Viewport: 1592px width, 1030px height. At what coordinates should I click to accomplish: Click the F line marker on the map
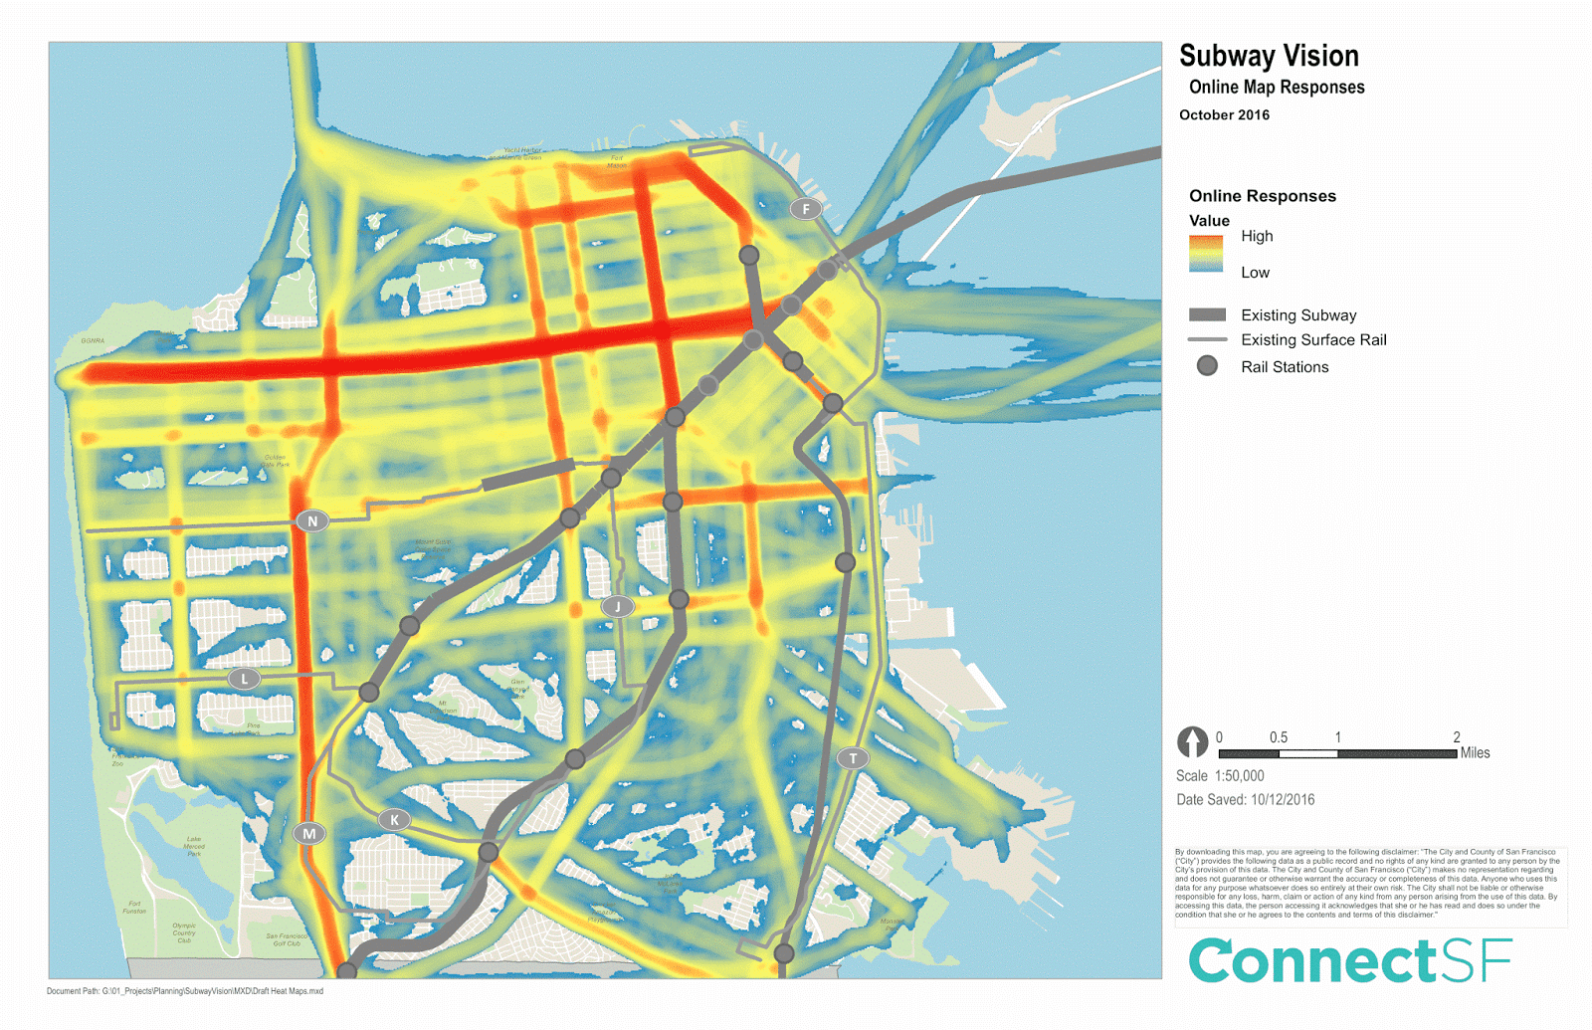(x=806, y=209)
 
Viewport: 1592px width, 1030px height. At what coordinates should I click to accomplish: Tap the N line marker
(x=313, y=520)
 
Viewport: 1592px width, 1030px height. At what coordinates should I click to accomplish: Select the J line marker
(x=618, y=606)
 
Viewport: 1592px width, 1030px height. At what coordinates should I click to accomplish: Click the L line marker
(x=244, y=679)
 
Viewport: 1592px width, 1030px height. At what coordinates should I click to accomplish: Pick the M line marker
(x=309, y=833)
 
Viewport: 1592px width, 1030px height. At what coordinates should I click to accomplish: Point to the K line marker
(x=395, y=819)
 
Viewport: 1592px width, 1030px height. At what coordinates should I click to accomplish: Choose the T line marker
(x=853, y=758)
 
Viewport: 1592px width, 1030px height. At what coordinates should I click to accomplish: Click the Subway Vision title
(x=1269, y=56)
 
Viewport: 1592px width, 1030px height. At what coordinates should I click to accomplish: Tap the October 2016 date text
(x=1224, y=115)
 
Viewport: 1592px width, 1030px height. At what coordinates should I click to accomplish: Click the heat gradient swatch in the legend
(x=1206, y=254)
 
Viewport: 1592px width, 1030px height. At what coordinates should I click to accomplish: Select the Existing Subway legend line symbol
(x=1207, y=314)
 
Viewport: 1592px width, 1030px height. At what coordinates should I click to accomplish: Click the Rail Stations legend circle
(x=1207, y=366)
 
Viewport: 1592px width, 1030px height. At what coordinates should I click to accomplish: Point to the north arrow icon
(x=1192, y=741)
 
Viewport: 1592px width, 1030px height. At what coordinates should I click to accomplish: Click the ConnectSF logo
(x=1349, y=960)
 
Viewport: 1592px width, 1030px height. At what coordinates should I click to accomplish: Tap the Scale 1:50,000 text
(x=1220, y=776)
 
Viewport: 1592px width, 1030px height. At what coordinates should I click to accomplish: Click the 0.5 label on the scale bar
(x=1279, y=737)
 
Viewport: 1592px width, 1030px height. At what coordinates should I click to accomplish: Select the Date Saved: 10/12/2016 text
(x=1245, y=800)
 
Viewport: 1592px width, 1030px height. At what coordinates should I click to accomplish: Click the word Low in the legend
(x=1255, y=273)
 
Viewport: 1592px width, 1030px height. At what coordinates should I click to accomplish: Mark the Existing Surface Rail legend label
(x=1313, y=340)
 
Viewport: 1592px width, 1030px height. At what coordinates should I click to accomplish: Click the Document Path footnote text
(x=185, y=991)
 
